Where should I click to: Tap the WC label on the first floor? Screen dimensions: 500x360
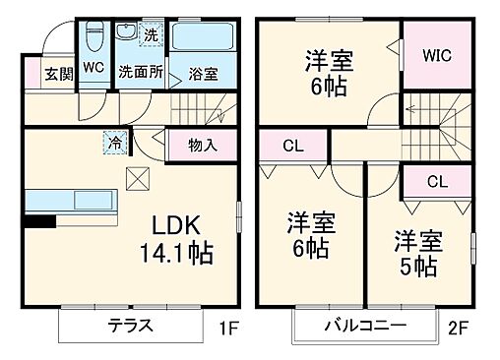point(94,68)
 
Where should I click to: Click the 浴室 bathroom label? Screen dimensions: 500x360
point(205,73)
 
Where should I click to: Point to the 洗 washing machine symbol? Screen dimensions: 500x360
point(151,35)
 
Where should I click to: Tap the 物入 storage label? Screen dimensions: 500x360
point(203,146)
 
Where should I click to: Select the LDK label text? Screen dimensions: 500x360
point(173,222)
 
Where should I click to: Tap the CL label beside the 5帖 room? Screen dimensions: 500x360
point(438,182)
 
